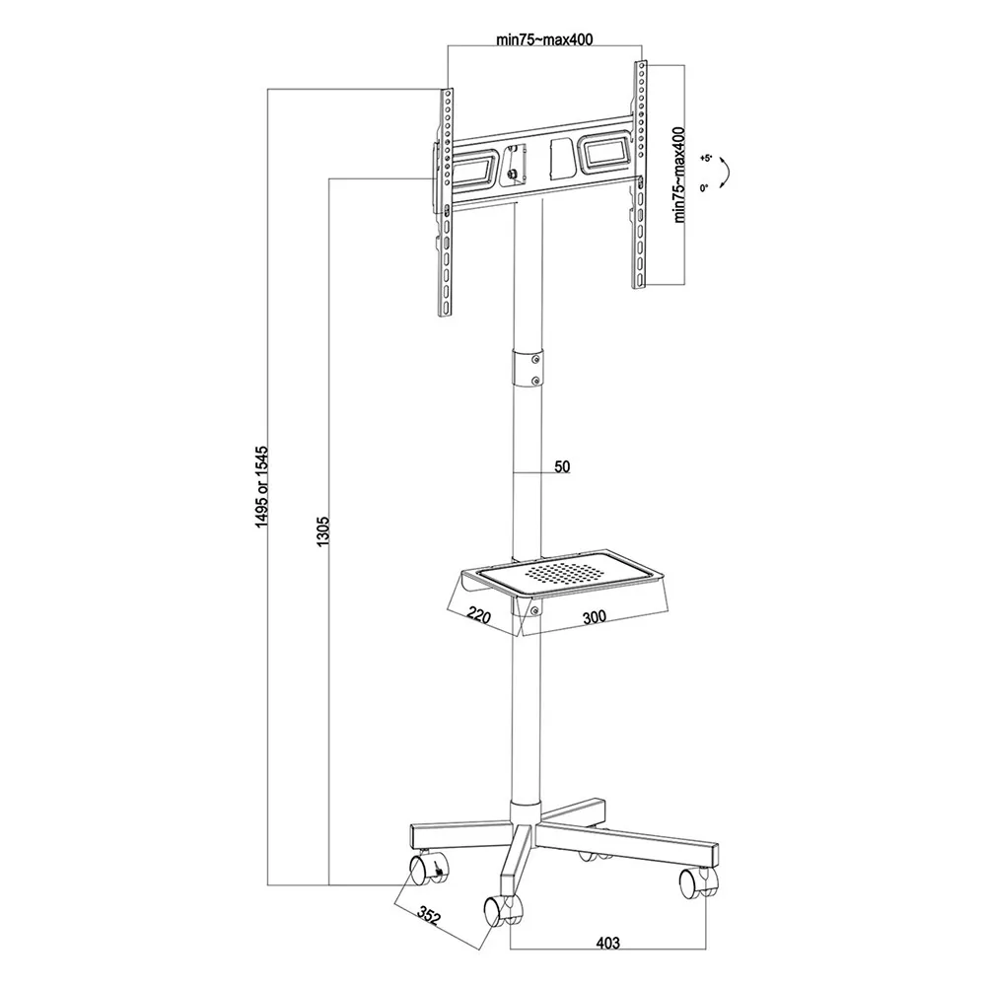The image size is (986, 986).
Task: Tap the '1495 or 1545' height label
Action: pos(261,487)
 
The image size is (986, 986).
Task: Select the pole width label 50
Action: pos(562,466)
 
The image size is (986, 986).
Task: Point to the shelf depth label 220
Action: pos(479,614)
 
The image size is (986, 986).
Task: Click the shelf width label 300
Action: pos(595,617)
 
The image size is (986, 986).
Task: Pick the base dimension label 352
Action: pos(429,917)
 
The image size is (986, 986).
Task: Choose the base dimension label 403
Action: pos(607,943)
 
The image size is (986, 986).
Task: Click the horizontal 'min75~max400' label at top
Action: pos(544,39)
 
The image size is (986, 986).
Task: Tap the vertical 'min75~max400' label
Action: pos(679,175)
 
